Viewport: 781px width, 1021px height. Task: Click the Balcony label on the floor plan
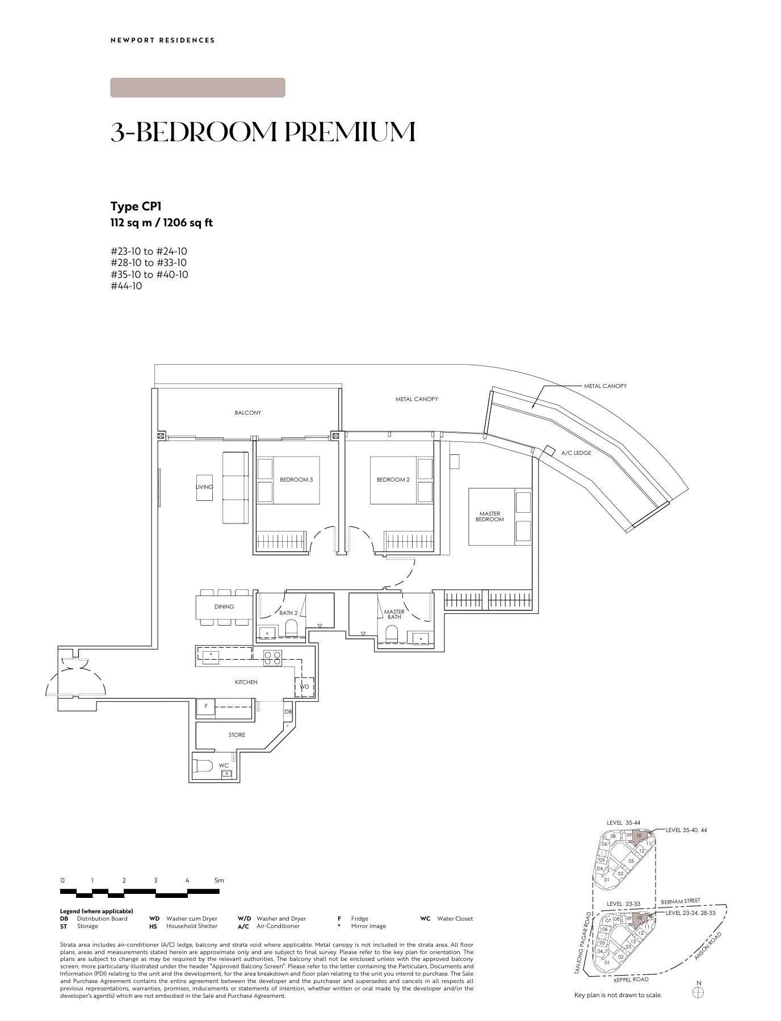[x=248, y=412]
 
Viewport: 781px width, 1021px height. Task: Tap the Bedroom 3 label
[x=296, y=479]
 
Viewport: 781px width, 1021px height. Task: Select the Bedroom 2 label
[x=393, y=479]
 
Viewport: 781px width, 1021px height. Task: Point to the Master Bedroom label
[x=489, y=516]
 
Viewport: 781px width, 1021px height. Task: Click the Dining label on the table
[x=224, y=606]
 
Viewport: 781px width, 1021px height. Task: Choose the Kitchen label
[x=246, y=682]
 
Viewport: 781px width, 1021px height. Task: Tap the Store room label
[x=237, y=735]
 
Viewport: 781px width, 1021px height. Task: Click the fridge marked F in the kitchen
[x=206, y=706]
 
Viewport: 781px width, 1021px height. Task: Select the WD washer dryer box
[x=305, y=687]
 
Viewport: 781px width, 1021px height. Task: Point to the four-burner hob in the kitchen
[x=272, y=657]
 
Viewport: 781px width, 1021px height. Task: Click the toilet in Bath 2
[x=291, y=627]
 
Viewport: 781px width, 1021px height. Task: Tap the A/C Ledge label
[x=576, y=453]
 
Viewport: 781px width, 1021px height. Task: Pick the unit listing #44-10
[x=127, y=286]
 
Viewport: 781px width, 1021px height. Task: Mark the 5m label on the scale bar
[x=219, y=880]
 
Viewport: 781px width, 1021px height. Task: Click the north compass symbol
[x=699, y=992]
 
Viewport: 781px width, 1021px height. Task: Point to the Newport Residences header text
[x=163, y=40]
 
